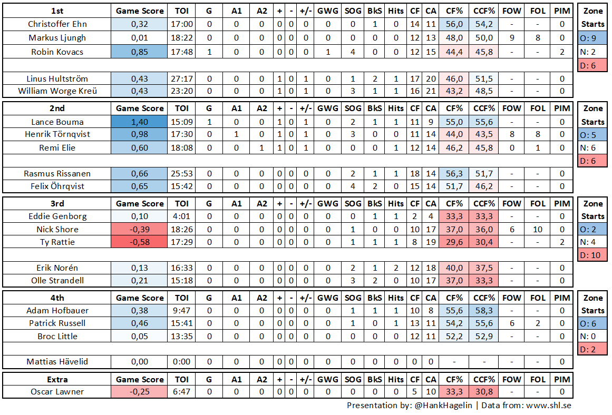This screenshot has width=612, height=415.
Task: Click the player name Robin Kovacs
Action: coord(57,52)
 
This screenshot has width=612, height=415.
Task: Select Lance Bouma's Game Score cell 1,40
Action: coord(140,122)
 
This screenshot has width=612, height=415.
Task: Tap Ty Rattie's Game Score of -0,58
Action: coord(140,242)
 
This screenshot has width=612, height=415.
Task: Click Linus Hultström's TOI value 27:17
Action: coord(181,78)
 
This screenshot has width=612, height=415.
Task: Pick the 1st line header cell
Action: coord(57,11)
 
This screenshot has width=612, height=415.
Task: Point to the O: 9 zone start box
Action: coord(592,38)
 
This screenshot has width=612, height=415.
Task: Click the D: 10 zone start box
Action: coord(592,255)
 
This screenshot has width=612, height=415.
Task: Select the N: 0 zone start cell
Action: coord(592,335)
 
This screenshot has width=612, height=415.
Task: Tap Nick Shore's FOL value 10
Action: coord(538,230)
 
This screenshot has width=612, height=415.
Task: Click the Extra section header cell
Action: coord(57,379)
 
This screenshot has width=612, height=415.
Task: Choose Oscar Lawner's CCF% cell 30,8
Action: coord(484,392)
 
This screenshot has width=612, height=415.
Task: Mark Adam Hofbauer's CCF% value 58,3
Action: coord(484,311)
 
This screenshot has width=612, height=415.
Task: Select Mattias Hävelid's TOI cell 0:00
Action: coord(181,362)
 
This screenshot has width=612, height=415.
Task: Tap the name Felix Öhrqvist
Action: coord(57,186)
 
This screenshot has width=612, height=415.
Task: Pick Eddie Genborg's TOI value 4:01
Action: coord(181,216)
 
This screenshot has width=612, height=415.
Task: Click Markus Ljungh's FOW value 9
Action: coord(511,38)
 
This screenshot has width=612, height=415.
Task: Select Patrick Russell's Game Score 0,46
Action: coord(140,323)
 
